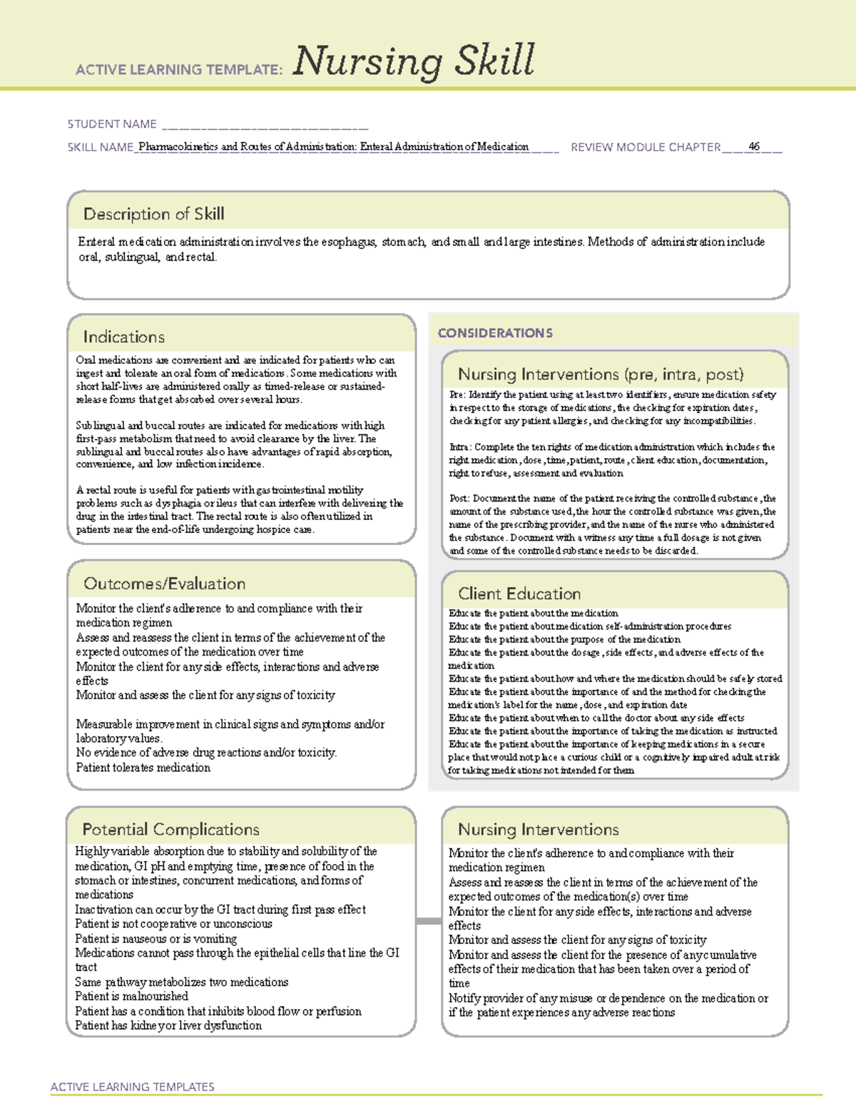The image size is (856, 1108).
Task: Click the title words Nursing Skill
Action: [413, 61]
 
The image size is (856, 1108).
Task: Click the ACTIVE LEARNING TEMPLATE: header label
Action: [179, 70]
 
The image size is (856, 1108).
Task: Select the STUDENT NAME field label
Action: [112, 124]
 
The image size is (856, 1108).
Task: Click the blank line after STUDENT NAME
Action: [265, 126]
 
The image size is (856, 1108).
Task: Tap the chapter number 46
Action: [754, 146]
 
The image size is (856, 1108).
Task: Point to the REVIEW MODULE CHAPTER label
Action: [646, 147]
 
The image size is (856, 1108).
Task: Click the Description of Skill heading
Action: [153, 214]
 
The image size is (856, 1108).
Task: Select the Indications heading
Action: [123, 337]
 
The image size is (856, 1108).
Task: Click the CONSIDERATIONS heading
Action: [495, 333]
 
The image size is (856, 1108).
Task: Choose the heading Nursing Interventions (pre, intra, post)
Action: [601, 375]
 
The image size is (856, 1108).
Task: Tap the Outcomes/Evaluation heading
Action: [164, 584]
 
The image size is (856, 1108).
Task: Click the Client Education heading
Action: [519, 594]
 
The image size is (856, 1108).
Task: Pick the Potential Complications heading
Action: [170, 829]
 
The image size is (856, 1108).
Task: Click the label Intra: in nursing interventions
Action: [460, 447]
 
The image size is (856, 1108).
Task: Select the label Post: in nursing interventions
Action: [459, 499]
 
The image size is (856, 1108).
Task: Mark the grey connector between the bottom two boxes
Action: [428, 921]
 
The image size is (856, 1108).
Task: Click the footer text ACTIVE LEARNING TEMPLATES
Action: [133, 1087]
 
